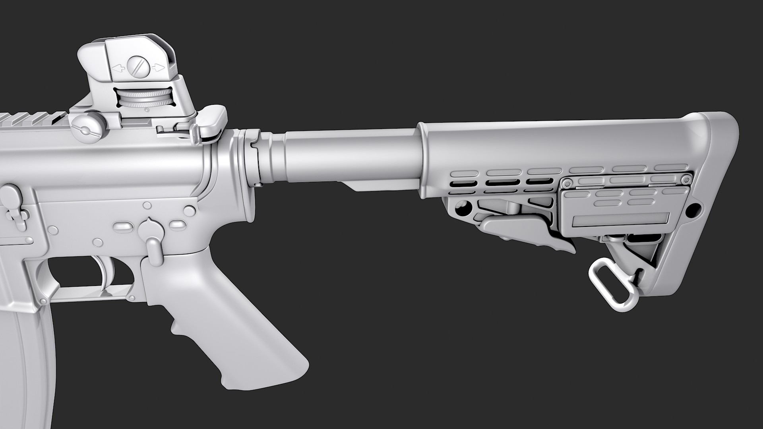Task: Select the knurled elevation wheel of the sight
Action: pos(145,98)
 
